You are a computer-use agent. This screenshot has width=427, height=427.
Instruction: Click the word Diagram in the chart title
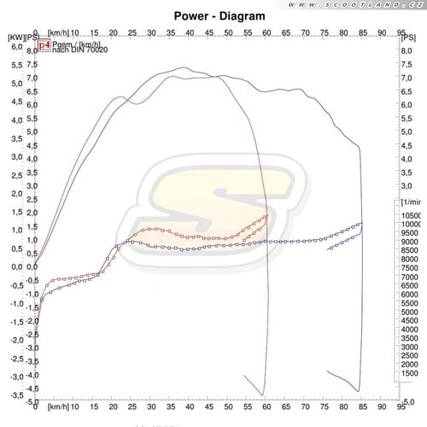244,15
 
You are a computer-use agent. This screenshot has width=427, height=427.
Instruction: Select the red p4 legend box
44,49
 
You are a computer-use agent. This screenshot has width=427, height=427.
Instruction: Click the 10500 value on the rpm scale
412,215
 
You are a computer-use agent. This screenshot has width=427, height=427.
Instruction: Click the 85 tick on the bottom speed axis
363,408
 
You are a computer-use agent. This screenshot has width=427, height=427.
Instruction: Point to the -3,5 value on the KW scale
15,395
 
